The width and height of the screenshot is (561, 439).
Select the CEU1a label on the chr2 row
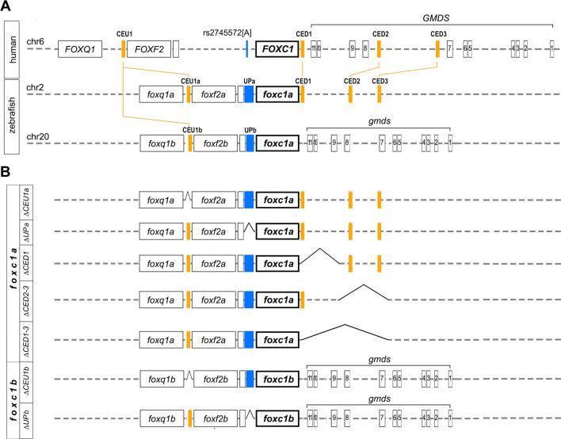point(190,81)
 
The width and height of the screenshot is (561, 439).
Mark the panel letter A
point(7,7)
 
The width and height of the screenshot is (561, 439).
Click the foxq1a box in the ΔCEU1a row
point(161,200)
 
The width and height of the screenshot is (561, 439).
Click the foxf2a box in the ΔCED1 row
point(213,262)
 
